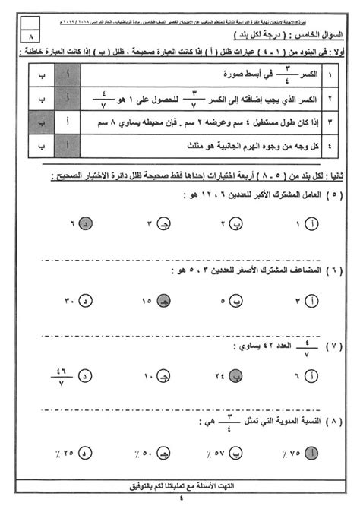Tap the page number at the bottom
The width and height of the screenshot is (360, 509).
click(x=181, y=498)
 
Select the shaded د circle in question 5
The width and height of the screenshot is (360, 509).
click(x=87, y=223)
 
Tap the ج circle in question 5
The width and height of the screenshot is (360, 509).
click(x=161, y=223)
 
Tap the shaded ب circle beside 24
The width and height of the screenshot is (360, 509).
click(x=236, y=375)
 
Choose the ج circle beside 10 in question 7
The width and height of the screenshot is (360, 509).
click(x=161, y=375)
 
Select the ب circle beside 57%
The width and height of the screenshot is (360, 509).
click(x=236, y=453)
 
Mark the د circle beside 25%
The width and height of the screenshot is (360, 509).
click(x=87, y=453)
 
